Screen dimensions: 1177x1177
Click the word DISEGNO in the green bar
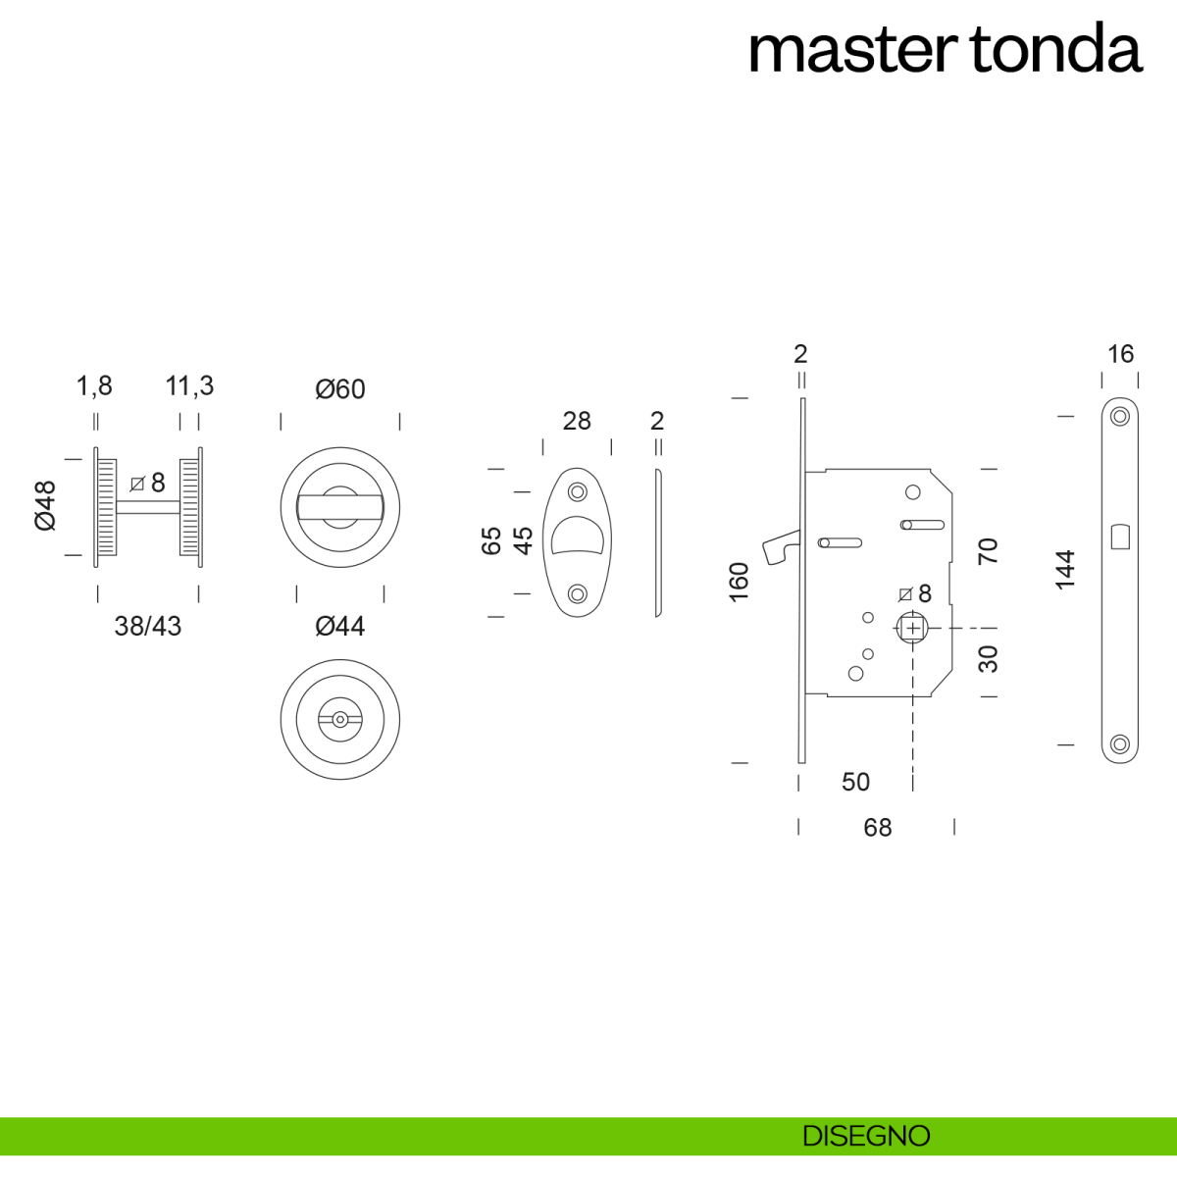coord(865,1136)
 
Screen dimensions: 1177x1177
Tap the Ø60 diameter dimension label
coord(339,389)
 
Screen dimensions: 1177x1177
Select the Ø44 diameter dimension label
coord(339,626)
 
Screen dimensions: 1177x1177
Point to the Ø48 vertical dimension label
coord(46,505)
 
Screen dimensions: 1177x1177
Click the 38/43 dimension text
coord(147,626)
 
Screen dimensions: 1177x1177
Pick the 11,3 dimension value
coord(189,386)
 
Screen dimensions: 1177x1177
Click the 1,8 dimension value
coord(94,386)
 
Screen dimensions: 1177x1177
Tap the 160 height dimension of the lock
coord(740,582)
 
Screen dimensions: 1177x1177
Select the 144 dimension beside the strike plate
coord(1065,570)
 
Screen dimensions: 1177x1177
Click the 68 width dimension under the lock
coord(877,828)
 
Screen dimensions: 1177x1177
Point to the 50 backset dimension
coord(855,782)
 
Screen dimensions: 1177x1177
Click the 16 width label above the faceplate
coord(1120,354)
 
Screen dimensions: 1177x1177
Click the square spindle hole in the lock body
coord(912,628)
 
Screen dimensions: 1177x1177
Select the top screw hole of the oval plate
coord(577,490)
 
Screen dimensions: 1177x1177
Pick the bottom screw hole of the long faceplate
coord(1120,743)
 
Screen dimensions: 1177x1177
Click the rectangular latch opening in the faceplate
coord(1120,537)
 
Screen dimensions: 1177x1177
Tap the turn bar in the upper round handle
coord(339,506)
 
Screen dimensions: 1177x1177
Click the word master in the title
coord(851,51)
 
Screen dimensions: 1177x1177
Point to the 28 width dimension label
coord(577,421)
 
